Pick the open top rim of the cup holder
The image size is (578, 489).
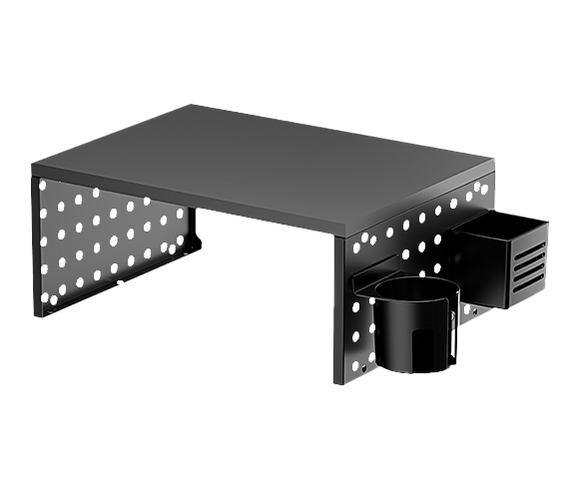click(x=415, y=290)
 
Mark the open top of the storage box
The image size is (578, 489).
click(x=504, y=225)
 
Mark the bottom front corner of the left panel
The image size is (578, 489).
click(x=38, y=315)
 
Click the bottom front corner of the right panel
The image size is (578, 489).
click(x=336, y=381)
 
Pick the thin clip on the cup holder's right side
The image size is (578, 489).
click(x=455, y=334)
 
